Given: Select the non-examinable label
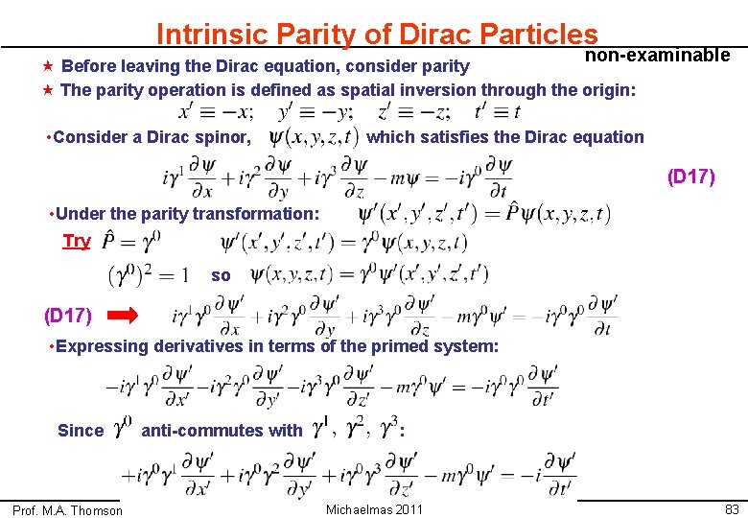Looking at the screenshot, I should pyautogui.click(x=657, y=55).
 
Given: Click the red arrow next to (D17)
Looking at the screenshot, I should pyautogui.click(x=123, y=314).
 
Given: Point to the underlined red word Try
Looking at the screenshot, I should pyautogui.click(x=76, y=241).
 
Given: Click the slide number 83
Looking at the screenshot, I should pyautogui.click(x=732, y=509).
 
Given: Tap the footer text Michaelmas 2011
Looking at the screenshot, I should pyautogui.click(x=374, y=509).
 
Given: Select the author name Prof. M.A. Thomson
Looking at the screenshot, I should pyautogui.click(x=67, y=510).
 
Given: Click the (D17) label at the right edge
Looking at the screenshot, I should pyautogui.click(x=690, y=177).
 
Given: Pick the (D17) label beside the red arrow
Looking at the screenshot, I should pyautogui.click(x=68, y=314).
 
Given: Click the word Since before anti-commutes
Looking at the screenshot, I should pyautogui.click(x=81, y=431).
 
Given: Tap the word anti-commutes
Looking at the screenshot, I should pyautogui.click(x=222, y=431).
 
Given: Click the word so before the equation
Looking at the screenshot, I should pyautogui.click(x=221, y=275).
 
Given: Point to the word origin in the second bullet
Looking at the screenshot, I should pyautogui.click(x=607, y=90).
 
